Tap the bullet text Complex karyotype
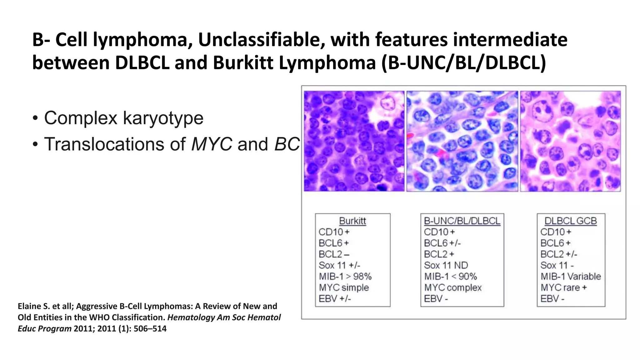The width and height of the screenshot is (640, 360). [x=123, y=118]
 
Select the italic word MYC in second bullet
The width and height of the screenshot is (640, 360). [x=212, y=144]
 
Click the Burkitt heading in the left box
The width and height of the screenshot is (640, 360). [x=352, y=221]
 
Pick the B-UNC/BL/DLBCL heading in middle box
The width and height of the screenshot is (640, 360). [x=462, y=221]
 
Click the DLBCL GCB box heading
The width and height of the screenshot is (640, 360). [x=571, y=221]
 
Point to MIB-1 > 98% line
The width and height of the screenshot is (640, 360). [x=345, y=277]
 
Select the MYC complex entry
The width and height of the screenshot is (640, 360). [x=453, y=287]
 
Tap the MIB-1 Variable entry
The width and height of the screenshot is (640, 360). [x=571, y=277]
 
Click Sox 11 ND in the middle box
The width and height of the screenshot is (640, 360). [x=446, y=265]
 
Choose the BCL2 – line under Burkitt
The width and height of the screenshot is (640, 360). [x=334, y=254]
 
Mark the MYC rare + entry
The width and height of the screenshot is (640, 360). [x=564, y=287]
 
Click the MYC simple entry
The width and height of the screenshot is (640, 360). [x=344, y=287]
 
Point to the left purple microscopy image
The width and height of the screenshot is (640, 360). [x=354, y=141]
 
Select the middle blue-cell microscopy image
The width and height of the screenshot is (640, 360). [x=462, y=141]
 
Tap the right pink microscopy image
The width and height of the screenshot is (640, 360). [x=570, y=141]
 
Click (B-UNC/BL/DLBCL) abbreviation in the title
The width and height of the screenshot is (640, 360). [x=463, y=63]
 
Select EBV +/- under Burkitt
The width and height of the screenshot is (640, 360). [x=335, y=299]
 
